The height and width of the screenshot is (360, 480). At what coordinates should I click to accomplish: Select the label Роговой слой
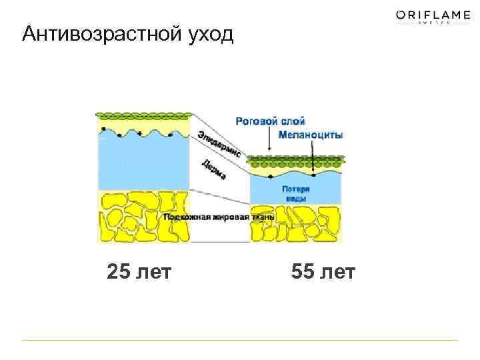(x=270, y=121)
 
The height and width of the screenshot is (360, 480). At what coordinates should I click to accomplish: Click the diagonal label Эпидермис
(x=219, y=144)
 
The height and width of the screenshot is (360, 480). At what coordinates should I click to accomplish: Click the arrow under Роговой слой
(x=269, y=138)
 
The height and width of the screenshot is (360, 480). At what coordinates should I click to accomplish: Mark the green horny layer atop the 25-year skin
(x=143, y=117)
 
